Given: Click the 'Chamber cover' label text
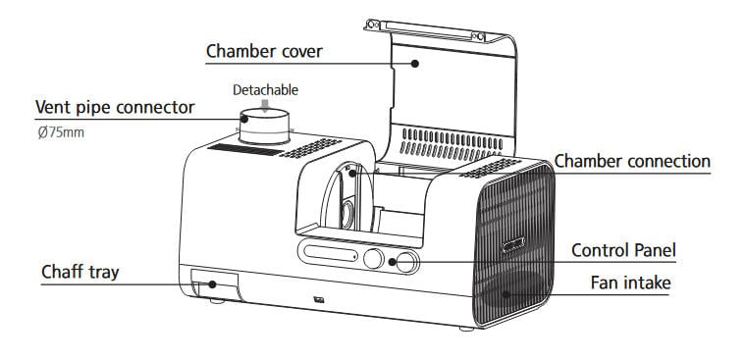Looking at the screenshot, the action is [x=264, y=51].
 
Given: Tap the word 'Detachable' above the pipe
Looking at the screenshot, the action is [x=265, y=90].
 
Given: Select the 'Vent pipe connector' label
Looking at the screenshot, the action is [x=115, y=108].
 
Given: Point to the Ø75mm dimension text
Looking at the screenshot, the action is [x=61, y=132].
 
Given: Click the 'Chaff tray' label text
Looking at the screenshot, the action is [x=80, y=273].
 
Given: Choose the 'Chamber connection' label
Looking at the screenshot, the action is [x=632, y=161].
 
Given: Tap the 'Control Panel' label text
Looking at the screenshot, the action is [x=623, y=250].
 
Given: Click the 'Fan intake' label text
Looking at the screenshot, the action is [x=630, y=283].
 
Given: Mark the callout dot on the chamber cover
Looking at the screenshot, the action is [x=415, y=63].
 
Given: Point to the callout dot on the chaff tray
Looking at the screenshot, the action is [x=212, y=284].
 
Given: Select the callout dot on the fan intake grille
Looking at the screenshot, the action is [x=506, y=295].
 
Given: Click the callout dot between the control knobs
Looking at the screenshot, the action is [x=392, y=262].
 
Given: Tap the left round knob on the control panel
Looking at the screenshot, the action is [x=373, y=259].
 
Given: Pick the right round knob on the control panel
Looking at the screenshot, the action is [x=406, y=262].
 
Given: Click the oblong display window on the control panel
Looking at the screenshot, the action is [x=330, y=253].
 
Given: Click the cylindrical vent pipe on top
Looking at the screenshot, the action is [x=264, y=127].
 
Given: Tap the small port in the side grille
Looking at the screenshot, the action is [x=513, y=245].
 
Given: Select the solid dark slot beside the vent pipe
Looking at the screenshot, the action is [x=245, y=149].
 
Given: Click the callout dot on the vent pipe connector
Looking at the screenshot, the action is [x=244, y=119].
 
